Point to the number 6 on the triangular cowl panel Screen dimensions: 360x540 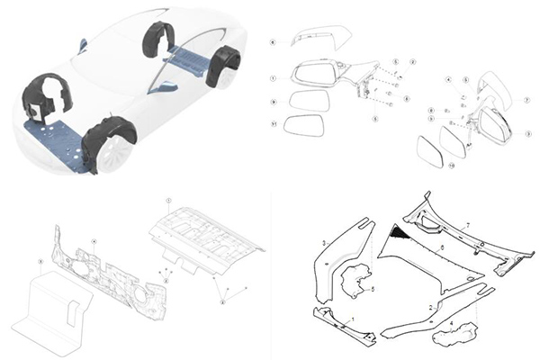[x=441, y=245]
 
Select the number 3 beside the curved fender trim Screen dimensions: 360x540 [x=324, y=244]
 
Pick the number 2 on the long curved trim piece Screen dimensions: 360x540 [x=432, y=308]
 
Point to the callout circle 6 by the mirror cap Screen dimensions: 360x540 [x=274, y=42]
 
